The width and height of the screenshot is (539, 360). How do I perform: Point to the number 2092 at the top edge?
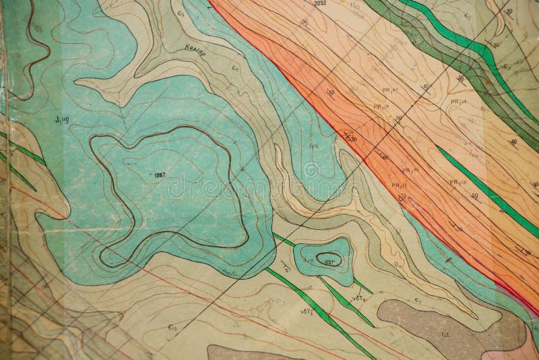pyautogui.click(x=320, y=4)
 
